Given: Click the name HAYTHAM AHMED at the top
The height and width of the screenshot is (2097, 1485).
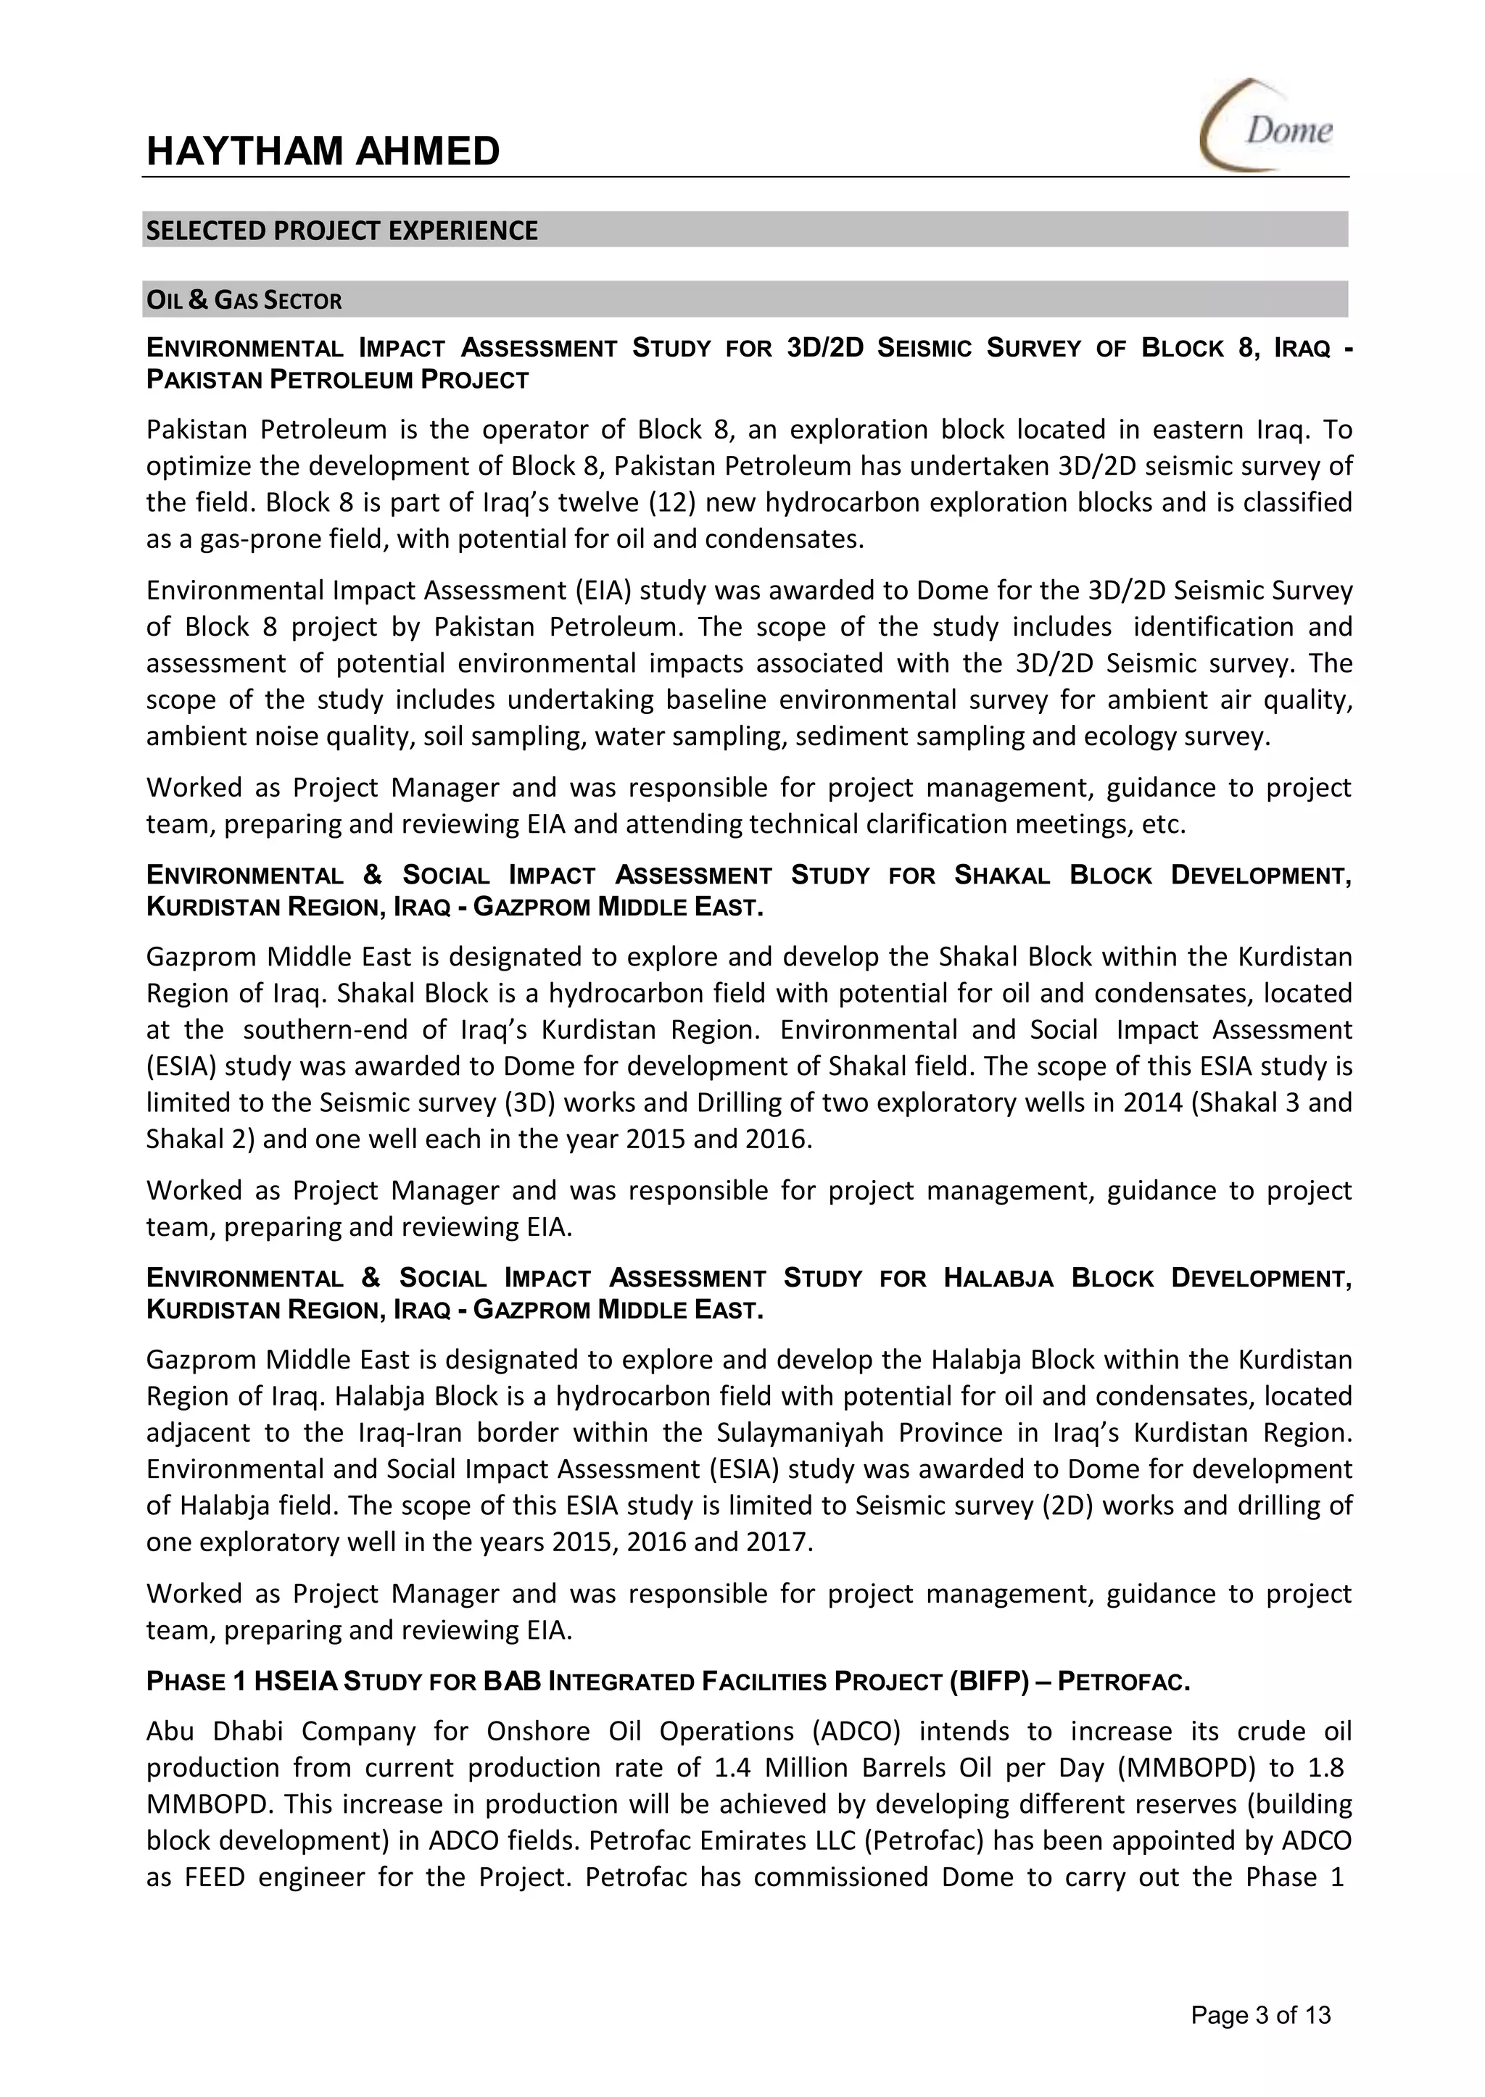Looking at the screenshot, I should tap(323, 151).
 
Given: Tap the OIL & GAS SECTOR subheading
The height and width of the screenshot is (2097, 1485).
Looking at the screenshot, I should tap(244, 301).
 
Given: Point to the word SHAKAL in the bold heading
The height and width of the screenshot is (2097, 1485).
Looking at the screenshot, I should tap(1002, 876).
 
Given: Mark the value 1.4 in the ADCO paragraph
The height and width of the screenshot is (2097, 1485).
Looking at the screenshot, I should tap(732, 1768).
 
